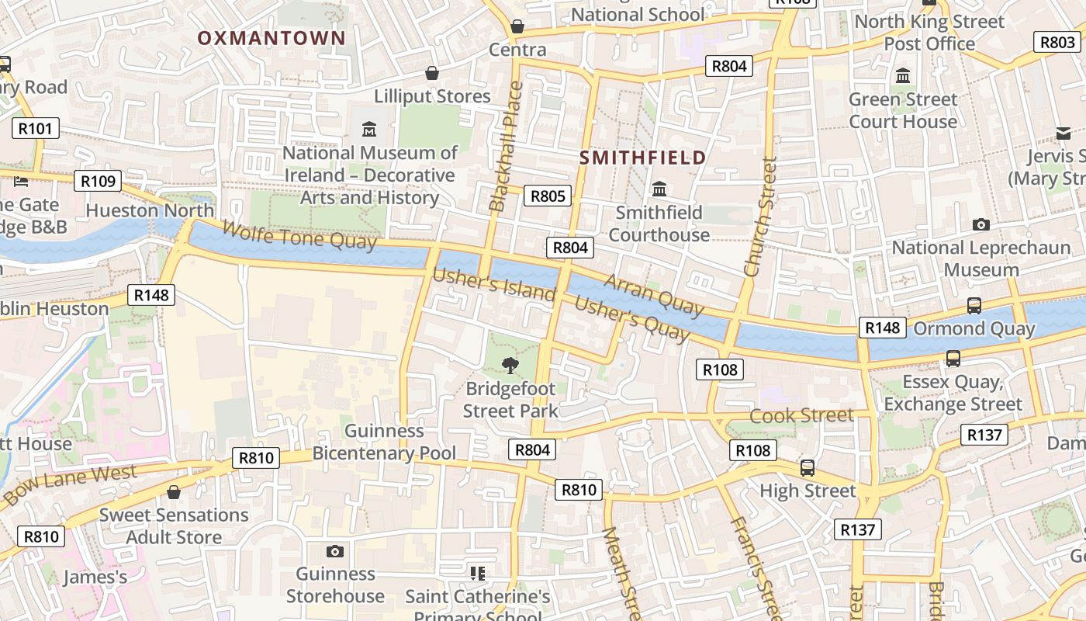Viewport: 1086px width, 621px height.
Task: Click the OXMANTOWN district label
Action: pos(271,38)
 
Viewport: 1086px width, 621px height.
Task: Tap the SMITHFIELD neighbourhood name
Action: pos(643,158)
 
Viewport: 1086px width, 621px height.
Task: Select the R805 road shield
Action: pos(548,196)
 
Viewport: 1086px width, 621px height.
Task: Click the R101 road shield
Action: pos(36,128)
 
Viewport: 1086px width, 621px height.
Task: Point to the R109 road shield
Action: pos(99,182)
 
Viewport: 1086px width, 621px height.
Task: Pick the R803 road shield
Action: pos(1057,42)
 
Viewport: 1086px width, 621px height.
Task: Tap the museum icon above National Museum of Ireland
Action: pos(369,129)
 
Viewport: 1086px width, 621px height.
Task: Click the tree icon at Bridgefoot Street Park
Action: pos(510,365)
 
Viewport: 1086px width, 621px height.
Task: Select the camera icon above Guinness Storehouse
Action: pos(335,551)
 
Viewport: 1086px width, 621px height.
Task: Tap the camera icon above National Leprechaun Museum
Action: pos(981,225)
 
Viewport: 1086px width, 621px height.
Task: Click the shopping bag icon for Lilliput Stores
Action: pos(432,73)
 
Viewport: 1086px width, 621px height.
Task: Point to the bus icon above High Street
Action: pos(808,468)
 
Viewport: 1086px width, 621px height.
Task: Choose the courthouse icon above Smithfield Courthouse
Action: pos(659,189)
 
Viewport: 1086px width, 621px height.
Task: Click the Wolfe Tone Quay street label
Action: pos(299,235)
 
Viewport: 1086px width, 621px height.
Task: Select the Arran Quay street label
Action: pos(653,295)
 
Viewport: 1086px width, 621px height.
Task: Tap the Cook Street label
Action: pos(801,415)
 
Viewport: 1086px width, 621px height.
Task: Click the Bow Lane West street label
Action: pos(70,485)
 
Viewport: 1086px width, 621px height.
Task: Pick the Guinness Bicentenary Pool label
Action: pos(384,442)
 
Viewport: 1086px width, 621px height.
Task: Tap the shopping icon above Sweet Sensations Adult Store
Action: pos(174,492)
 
